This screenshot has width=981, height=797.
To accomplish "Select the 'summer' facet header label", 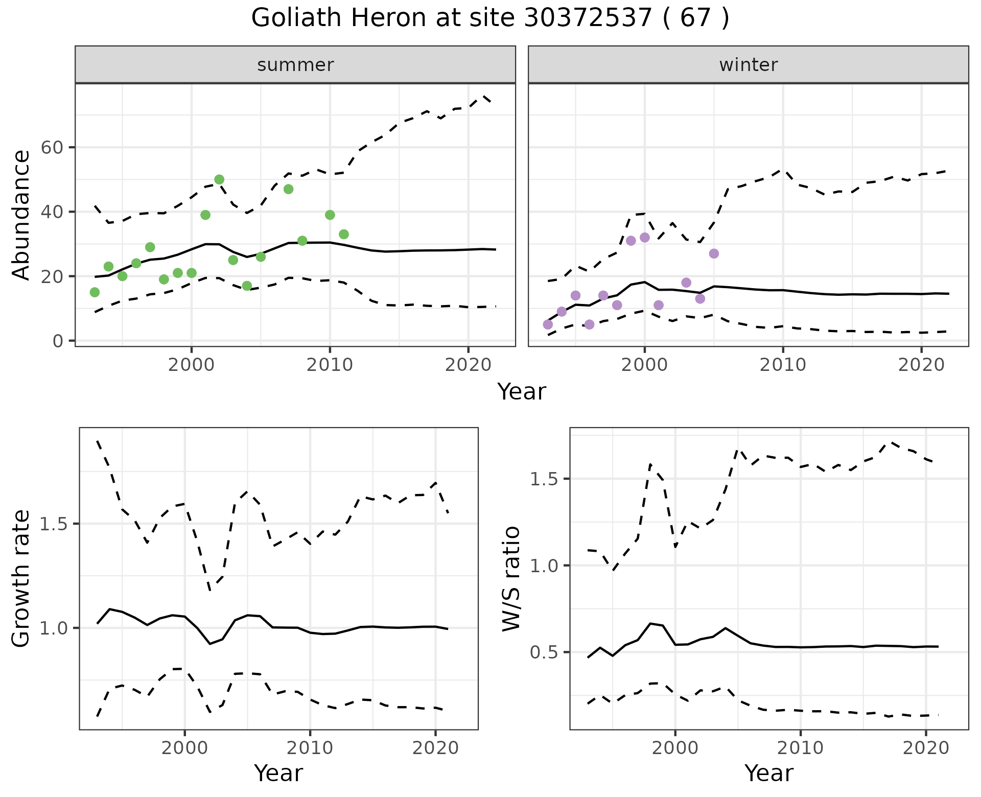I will pyautogui.click(x=295, y=65).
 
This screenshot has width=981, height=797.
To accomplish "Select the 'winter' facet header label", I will pyautogui.click(x=748, y=65).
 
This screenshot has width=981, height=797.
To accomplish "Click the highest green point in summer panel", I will pyautogui.click(x=219, y=179).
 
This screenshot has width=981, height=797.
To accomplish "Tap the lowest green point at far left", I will pyautogui.click(x=95, y=292).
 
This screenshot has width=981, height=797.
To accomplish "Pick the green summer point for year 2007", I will pyautogui.click(x=288, y=189).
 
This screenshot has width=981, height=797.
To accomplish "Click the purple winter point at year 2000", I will pyautogui.click(x=645, y=238).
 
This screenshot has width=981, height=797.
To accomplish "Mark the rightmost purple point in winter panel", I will pyautogui.click(x=714, y=254).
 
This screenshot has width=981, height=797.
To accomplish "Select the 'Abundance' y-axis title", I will pyautogui.click(x=21, y=215).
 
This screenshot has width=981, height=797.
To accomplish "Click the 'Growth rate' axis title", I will pyautogui.click(x=21, y=578).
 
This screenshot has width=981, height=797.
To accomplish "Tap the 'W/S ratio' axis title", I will pyautogui.click(x=511, y=578).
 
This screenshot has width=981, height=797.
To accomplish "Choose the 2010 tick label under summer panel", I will pyautogui.click(x=330, y=365).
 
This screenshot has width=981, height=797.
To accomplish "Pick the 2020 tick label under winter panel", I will pyautogui.click(x=921, y=365).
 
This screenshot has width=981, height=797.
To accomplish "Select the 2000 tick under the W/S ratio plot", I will pyautogui.click(x=675, y=748).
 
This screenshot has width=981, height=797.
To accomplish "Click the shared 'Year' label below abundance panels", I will pyautogui.click(x=522, y=392).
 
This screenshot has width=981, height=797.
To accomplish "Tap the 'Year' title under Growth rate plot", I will pyautogui.click(x=278, y=773).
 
